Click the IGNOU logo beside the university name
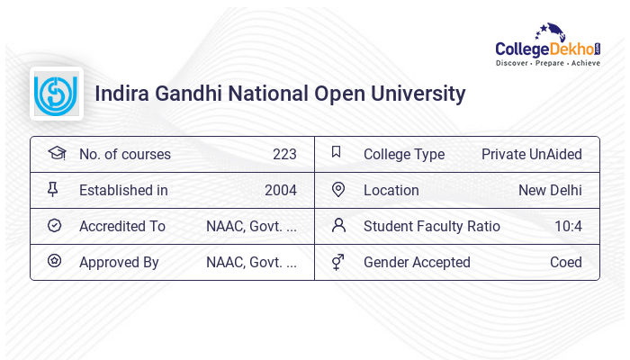point(56,94)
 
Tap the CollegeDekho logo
point(548,46)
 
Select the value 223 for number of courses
point(284,154)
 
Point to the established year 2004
point(281,190)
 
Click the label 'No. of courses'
point(124,154)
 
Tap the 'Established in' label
point(123,190)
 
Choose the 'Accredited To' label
point(121,226)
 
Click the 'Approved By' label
point(119,262)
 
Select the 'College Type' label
point(403,154)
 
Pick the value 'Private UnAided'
point(531,154)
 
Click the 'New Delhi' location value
point(550,190)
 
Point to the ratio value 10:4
point(568,226)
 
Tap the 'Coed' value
point(566,262)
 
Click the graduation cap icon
point(56,153)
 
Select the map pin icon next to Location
point(338,189)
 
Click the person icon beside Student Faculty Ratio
point(338,225)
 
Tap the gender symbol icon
point(338,262)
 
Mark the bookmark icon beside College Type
point(337,152)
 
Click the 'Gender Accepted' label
point(417,262)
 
